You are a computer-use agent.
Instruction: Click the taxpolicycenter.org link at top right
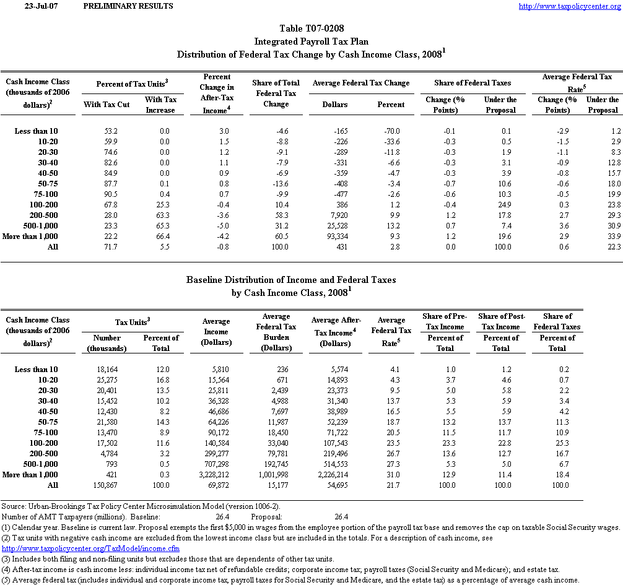(569, 6)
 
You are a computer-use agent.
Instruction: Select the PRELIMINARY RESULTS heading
(128, 6)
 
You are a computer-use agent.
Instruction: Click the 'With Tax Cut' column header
(106, 105)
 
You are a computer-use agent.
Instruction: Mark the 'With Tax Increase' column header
(160, 105)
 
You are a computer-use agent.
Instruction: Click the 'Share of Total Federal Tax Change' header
(276, 93)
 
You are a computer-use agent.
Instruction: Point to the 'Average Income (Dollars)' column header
(216, 332)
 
